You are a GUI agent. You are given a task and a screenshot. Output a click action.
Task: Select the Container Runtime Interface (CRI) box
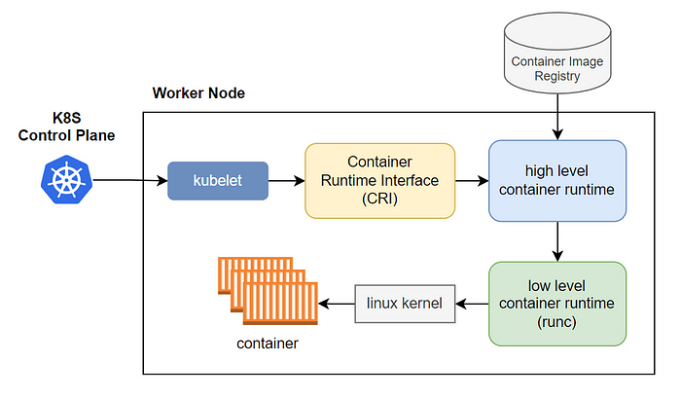379,180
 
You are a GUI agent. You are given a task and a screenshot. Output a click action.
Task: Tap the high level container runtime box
556,180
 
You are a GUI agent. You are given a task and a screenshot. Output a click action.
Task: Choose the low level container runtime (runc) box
556,304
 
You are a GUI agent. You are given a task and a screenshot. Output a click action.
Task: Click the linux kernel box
404,304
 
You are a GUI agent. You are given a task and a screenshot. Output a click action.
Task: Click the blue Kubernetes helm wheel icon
65,180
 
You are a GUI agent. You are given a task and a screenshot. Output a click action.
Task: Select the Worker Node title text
198,93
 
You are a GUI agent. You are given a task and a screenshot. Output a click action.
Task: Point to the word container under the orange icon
267,344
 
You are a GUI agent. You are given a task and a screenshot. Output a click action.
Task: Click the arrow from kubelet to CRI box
286,181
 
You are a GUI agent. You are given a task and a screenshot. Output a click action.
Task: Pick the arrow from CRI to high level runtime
471,181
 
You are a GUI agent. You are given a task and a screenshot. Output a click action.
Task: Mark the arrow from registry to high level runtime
556,120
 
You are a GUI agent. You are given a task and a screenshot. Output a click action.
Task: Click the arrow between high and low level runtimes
556,241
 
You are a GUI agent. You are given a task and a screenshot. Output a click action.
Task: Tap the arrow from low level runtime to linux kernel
473,304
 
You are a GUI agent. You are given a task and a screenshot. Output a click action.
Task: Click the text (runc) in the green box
556,321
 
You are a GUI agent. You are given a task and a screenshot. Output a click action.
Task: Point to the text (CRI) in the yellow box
379,198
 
